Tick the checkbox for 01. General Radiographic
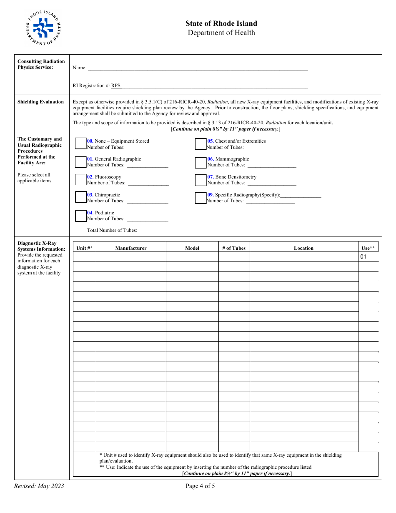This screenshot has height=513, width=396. (80, 162)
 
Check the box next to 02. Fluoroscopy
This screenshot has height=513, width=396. (80, 180)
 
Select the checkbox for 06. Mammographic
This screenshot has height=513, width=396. (201, 162)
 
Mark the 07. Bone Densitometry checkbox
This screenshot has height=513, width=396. (201, 180)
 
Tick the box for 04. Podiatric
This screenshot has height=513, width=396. (80, 216)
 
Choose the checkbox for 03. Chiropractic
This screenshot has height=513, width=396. (80, 198)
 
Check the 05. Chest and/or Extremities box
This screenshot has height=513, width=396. (201, 144)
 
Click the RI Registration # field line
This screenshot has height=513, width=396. (214, 86)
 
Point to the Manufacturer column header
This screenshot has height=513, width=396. (131, 248)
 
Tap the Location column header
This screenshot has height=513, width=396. (303, 248)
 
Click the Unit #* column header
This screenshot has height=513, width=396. (85, 248)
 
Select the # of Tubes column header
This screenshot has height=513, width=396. (234, 248)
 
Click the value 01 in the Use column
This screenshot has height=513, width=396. (363, 257)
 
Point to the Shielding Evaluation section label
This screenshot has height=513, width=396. (41, 102)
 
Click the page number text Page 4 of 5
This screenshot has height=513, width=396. (200, 486)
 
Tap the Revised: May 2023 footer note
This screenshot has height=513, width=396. (39, 486)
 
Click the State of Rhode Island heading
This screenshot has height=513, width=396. (221, 24)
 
